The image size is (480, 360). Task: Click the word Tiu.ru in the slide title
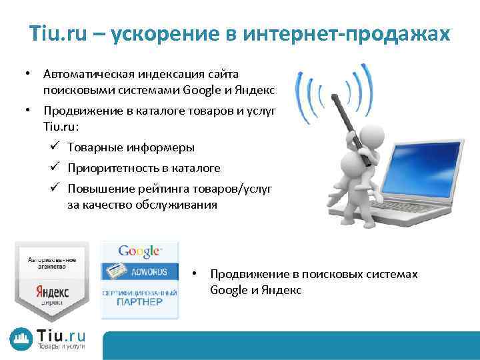[57, 33]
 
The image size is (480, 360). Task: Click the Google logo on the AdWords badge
[139, 252]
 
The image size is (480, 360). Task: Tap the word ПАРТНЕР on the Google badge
[139, 302]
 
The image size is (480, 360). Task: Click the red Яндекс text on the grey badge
[52, 291]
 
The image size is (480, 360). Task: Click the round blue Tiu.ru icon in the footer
[20, 339]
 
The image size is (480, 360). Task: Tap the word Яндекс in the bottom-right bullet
[284, 290]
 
